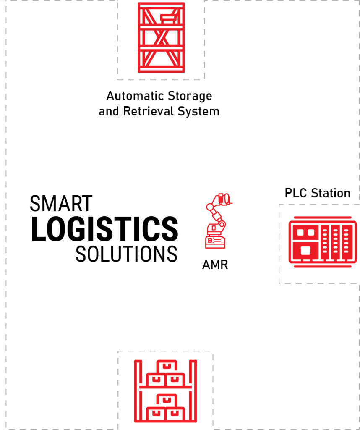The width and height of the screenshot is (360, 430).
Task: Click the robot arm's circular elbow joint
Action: click(x=210, y=207)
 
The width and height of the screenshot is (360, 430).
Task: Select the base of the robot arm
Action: click(x=215, y=241)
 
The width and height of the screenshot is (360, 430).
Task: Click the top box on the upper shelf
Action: click(x=167, y=366)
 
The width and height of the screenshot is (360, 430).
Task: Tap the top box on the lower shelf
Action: click(x=167, y=399)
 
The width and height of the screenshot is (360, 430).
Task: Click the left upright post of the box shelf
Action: click(x=136, y=391)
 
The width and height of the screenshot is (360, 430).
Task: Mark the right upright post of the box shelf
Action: click(x=194, y=391)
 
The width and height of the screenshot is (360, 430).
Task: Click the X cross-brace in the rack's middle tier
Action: click(x=161, y=38)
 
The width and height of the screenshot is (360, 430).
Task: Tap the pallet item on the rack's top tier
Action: click(x=167, y=18)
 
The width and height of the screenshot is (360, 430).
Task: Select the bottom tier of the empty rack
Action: click(x=161, y=59)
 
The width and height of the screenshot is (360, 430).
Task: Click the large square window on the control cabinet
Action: click(x=306, y=250)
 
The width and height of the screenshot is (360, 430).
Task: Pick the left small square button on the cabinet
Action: click(x=300, y=232)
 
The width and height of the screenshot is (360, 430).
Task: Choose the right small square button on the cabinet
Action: click(x=311, y=232)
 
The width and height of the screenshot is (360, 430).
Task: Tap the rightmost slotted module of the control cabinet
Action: click(x=347, y=242)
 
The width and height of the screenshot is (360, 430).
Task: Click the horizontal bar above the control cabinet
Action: click(x=322, y=218)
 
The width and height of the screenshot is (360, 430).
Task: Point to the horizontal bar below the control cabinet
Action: click(x=322, y=267)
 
